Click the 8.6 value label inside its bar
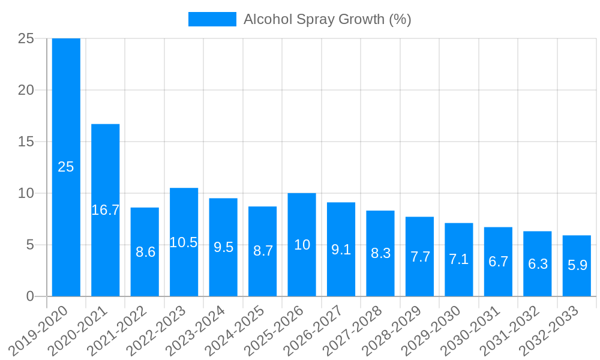click(145, 252)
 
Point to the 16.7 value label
click(106, 210)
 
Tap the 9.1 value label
click(341, 250)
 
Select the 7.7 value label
click(420, 257)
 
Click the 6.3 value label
click(538, 264)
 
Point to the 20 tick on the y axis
click(26, 90)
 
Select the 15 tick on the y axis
click(26, 142)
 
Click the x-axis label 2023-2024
click(196, 331)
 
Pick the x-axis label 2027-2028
click(353, 331)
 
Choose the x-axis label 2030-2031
click(471, 331)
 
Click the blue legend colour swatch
click(212, 19)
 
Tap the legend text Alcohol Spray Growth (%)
click(327, 19)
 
